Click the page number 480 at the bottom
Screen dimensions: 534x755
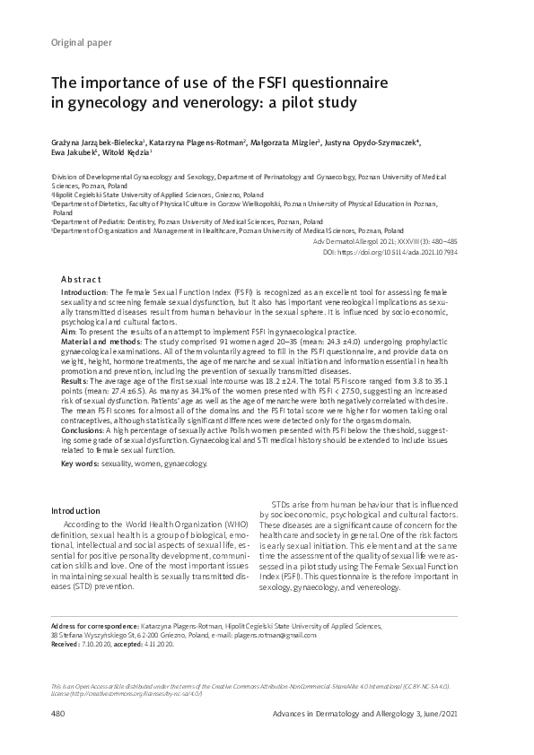59,713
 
